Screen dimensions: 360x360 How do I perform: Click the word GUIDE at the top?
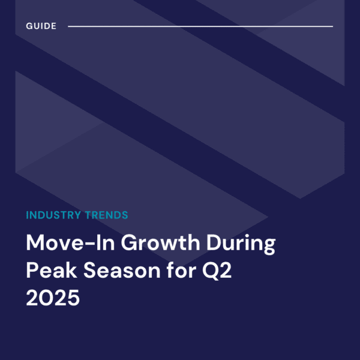click(41, 26)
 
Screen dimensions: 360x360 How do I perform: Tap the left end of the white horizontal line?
click(69, 26)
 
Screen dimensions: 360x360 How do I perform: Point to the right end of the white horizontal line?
click(332, 26)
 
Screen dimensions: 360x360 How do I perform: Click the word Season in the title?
click(120, 272)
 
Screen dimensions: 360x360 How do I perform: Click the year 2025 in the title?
click(52, 298)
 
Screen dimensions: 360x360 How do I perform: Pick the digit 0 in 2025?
click(46, 298)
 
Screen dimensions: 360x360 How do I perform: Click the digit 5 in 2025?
click(73, 298)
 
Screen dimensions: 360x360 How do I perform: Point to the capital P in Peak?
click(32, 272)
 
